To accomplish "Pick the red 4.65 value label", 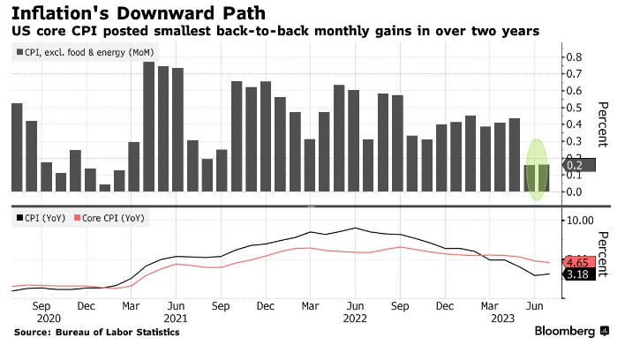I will (578, 262).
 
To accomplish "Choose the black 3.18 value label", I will (578, 275).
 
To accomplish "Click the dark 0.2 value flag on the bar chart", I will (575, 164).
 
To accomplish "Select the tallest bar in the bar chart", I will (148, 126).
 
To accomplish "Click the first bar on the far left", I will (17, 147).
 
